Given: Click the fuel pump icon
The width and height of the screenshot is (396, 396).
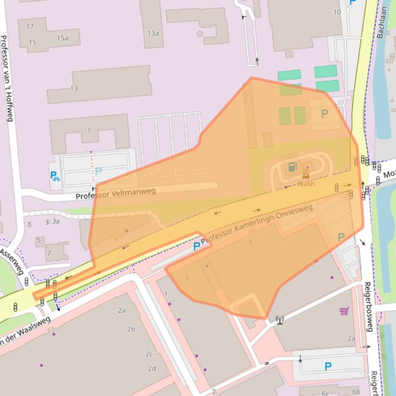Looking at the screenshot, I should pos(292,166).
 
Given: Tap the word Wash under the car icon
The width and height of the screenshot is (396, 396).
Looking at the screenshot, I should pos(306,184).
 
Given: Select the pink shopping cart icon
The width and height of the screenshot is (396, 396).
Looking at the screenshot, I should pos(344,311).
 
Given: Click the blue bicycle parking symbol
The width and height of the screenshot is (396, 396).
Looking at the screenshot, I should pos(55,176).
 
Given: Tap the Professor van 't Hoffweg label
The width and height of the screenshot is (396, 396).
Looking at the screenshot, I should pos(7,78).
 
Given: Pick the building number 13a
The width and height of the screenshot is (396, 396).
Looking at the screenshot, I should pos(153,33).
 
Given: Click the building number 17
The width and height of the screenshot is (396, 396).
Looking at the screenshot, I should pos(30,26).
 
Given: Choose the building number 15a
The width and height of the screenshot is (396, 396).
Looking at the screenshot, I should pos(62,38).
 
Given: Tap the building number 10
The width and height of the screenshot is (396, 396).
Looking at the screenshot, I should pos(337,12).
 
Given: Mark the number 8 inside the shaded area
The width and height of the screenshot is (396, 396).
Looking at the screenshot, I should pos(250,242).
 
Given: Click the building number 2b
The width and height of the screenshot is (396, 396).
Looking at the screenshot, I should pos(131,329).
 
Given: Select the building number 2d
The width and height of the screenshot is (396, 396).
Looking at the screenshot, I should pos(152,368).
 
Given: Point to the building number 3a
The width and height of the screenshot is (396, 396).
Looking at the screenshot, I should pos(55,222).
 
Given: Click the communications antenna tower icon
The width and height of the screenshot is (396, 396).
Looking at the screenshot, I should pos(280,320).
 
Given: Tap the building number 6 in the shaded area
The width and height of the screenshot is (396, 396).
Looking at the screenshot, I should pos(187,278).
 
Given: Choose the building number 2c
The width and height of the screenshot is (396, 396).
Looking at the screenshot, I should pos(149,354).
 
